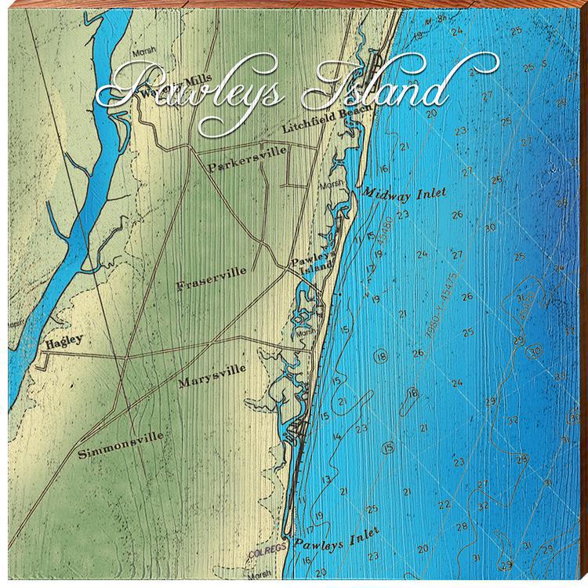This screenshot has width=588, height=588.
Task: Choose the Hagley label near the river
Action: [65, 342]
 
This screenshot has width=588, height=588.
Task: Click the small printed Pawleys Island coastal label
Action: [314, 267]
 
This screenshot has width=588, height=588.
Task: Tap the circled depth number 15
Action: [387, 448]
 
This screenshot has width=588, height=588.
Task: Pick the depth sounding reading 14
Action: [337, 437]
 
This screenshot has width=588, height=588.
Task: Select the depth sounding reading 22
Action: [444, 505]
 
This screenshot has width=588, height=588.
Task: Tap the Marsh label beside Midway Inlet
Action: [330, 186]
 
